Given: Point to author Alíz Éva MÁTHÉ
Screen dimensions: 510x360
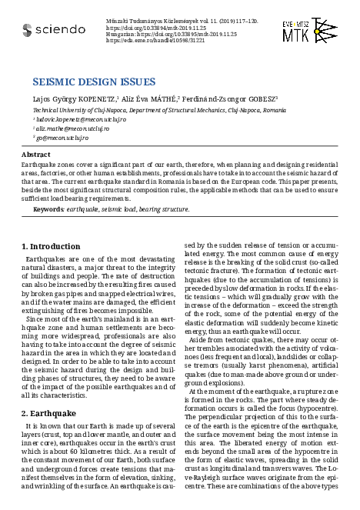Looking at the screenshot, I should tap(148, 98).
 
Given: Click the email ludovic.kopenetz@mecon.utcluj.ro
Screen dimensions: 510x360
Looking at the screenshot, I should tap(68, 120).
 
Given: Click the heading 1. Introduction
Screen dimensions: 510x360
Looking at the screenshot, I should tap(51, 246).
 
